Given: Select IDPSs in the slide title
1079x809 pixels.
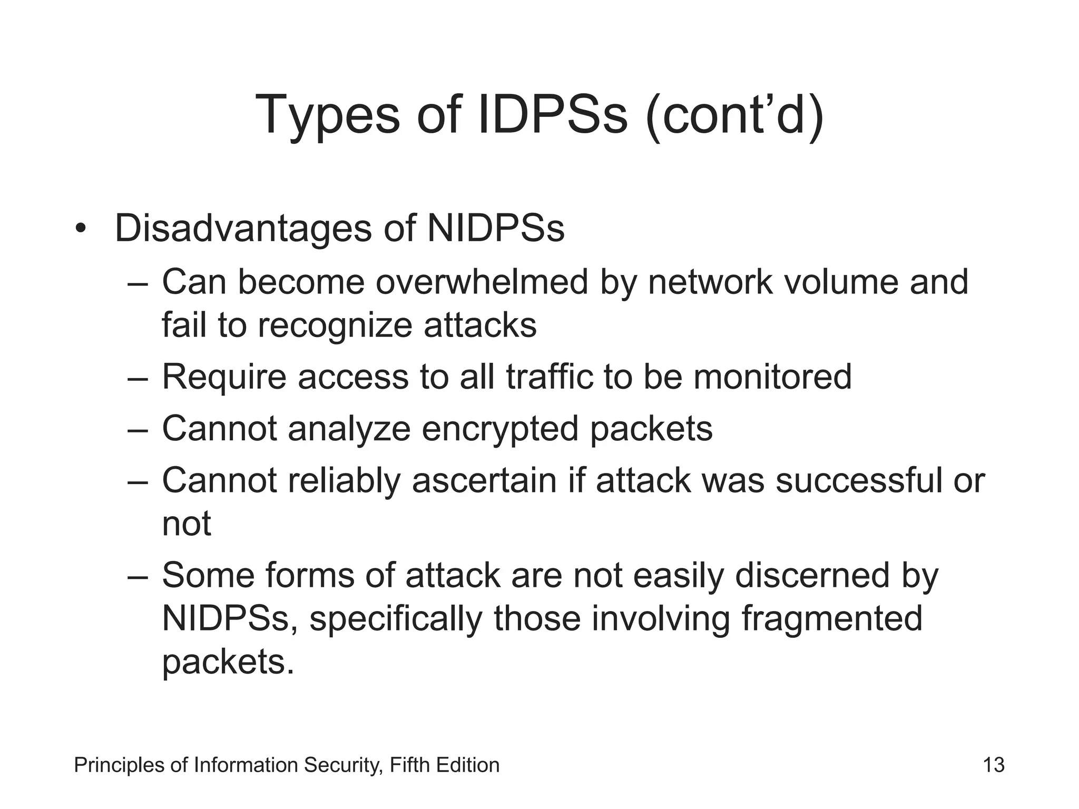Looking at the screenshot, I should click(553, 115).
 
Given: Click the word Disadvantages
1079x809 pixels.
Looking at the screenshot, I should click(243, 229).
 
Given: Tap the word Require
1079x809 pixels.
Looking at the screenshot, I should click(224, 377).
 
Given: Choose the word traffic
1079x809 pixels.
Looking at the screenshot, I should click(549, 377).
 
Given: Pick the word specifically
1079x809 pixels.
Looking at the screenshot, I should click(396, 619).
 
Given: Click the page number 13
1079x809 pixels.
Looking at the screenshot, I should click(994, 765).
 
